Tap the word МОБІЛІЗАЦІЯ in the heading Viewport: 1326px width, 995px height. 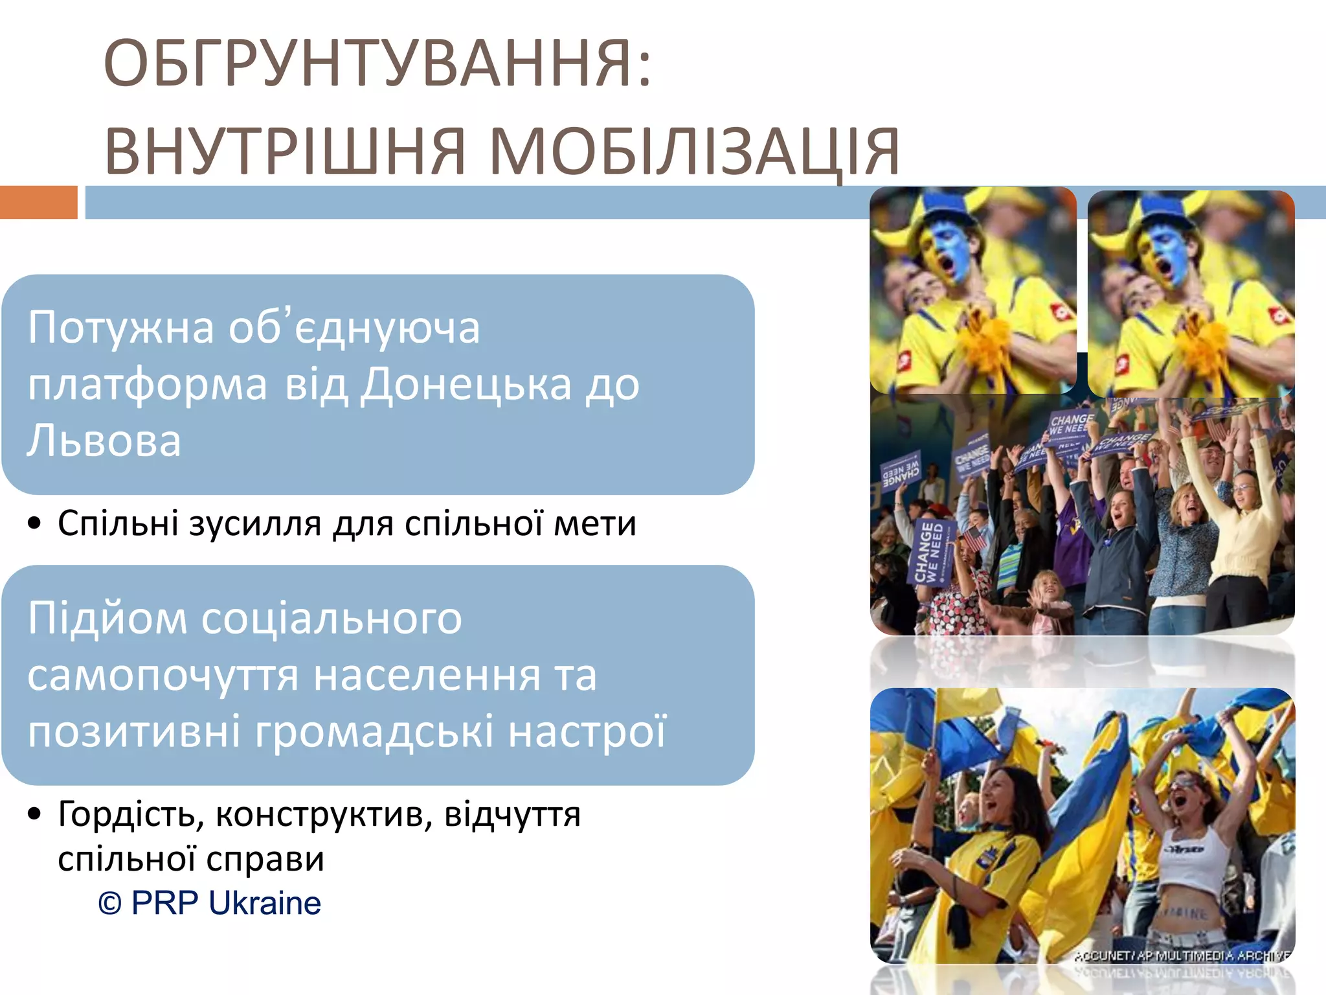694,152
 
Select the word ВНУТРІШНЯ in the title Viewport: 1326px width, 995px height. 285,152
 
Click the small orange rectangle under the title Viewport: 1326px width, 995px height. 38,202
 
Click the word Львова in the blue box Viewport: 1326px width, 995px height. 104,441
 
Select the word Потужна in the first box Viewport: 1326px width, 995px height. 120,328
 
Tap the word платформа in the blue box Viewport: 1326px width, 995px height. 147,385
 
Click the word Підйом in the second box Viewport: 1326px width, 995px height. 106,619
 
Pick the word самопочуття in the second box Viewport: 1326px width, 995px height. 162,676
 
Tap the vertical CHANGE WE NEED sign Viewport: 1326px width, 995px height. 930,551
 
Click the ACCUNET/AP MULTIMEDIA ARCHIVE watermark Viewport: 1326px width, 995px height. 1182,955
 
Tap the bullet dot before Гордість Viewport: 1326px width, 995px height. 35,814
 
